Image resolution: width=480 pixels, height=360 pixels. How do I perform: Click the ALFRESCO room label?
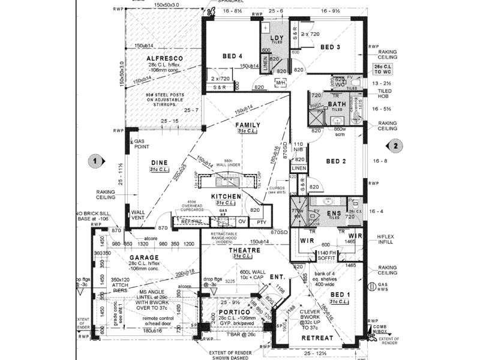coord(164,58)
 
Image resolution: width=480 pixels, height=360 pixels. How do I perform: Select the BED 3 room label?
coord(330,47)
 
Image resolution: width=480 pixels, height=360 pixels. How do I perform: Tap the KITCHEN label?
coord(226,196)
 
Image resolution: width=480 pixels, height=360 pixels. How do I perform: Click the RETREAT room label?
coord(317,338)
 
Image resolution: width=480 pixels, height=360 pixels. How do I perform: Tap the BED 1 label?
coord(341,295)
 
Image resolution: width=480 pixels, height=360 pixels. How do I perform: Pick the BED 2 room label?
coord(336,161)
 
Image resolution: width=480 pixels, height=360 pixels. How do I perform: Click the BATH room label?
coord(337,104)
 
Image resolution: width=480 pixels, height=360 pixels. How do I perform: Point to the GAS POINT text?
coord(142,142)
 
